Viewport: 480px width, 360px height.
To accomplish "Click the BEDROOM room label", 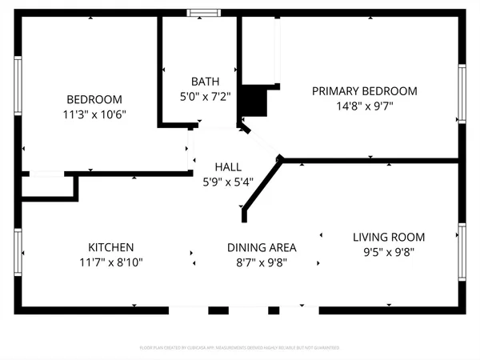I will (94, 99).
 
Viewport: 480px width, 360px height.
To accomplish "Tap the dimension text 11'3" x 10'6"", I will (94, 114).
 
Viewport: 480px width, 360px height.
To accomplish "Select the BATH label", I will (201, 81).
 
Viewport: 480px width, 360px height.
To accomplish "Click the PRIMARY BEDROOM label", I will (364, 91).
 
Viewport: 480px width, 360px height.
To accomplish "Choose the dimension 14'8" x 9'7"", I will (364, 106).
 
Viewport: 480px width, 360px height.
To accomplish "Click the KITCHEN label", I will (111, 247).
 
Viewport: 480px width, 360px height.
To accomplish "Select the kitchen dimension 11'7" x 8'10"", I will (111, 262).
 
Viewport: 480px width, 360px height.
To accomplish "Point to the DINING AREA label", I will (262, 247).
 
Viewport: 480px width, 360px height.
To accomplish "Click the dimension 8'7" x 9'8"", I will (262, 262).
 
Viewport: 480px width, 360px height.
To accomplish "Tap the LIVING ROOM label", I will (389, 237).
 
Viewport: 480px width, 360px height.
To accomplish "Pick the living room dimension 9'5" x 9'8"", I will (389, 251).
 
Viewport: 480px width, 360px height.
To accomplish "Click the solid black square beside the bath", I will (255, 102).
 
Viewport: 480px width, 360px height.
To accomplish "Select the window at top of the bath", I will (201, 13).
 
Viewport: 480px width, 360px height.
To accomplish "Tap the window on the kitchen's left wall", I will (17, 251).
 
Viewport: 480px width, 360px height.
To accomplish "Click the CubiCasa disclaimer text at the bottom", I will (240, 348).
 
